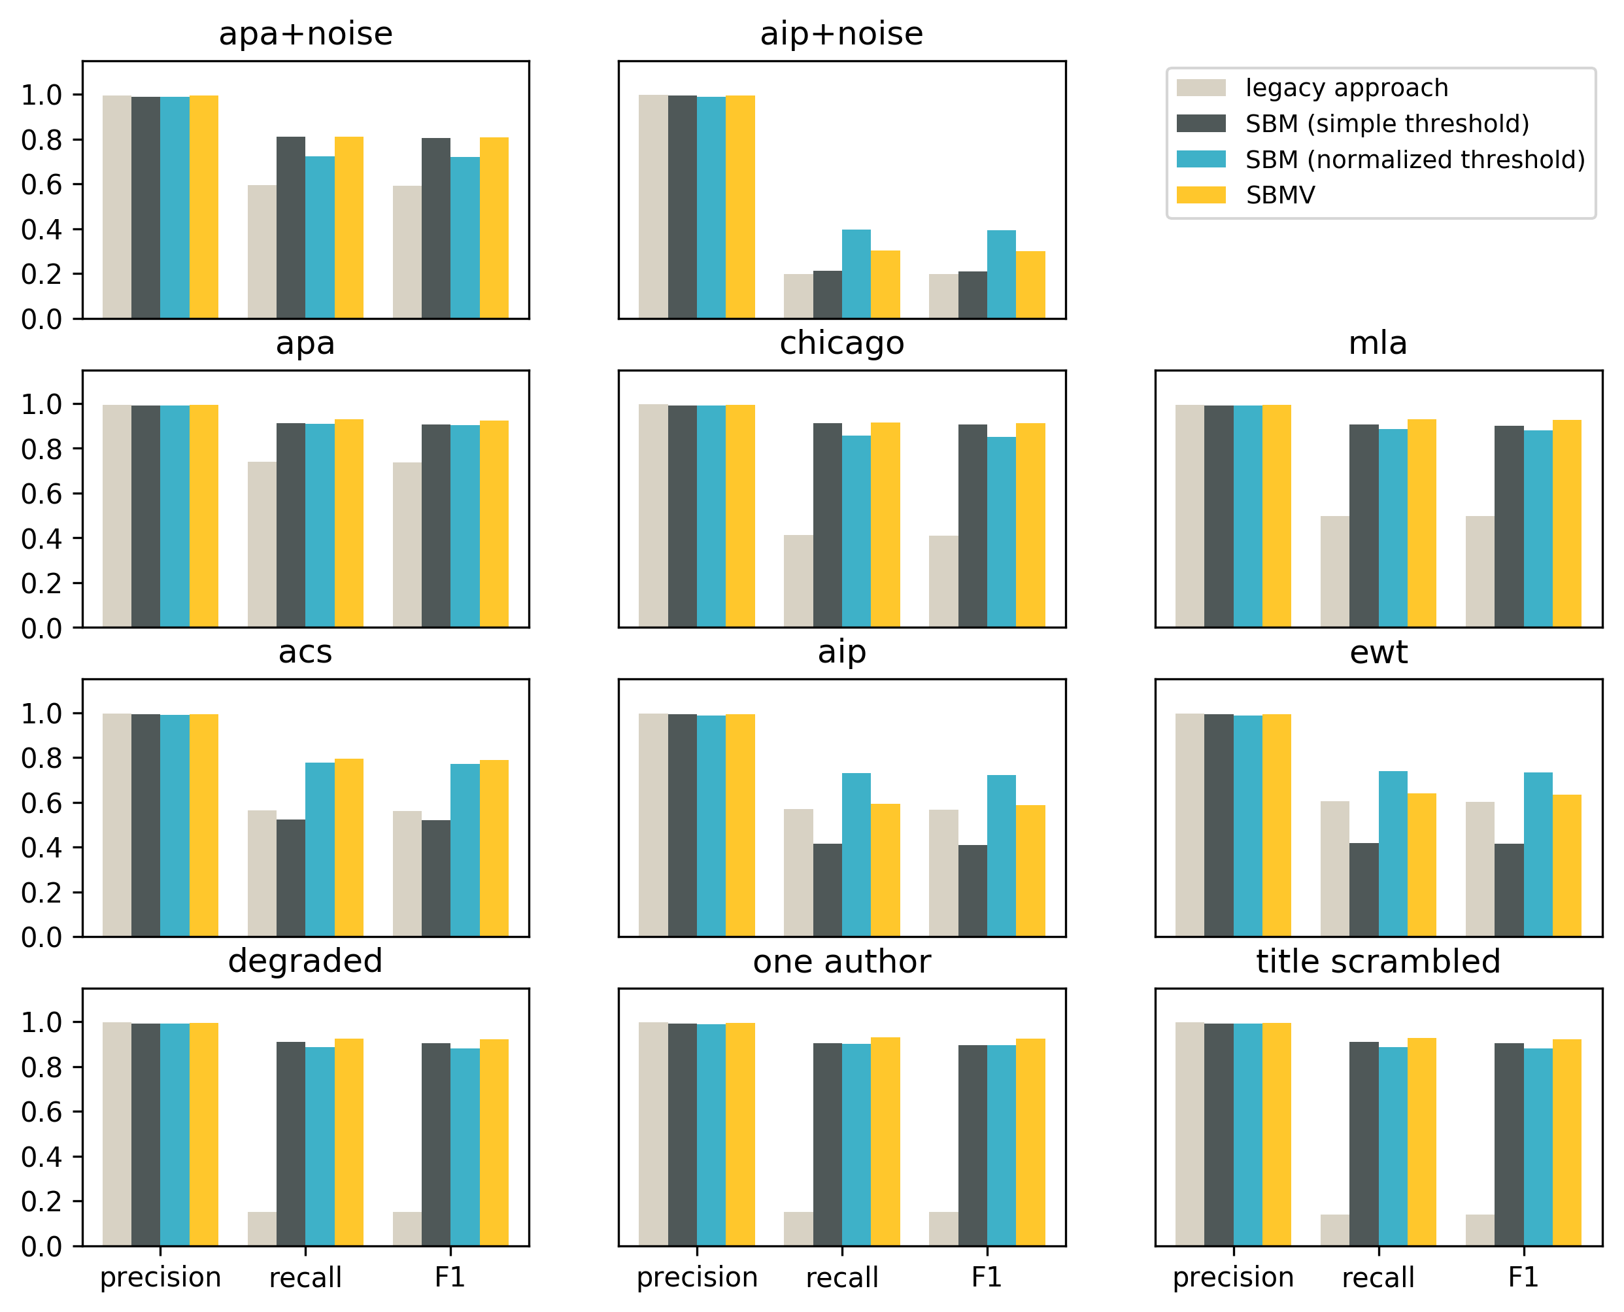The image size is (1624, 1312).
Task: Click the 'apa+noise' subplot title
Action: click(x=305, y=34)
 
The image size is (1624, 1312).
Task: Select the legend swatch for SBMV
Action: click(x=1200, y=195)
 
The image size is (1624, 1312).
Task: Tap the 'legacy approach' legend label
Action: click(x=1346, y=88)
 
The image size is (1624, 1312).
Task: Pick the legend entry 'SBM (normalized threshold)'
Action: click(x=1415, y=160)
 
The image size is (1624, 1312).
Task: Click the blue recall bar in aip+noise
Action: click(x=856, y=273)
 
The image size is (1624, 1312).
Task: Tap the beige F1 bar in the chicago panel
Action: click(x=943, y=581)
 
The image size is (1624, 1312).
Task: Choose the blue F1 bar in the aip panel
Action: click(x=1001, y=855)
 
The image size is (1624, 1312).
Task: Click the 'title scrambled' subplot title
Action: click(x=1378, y=961)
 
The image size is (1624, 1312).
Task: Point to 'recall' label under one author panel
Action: click(x=841, y=1277)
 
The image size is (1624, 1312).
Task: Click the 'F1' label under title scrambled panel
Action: click(x=1523, y=1277)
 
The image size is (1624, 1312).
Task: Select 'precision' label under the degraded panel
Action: click(x=160, y=1277)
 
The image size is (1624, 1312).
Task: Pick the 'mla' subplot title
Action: click(x=1378, y=343)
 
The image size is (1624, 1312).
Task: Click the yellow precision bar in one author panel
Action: click(x=739, y=1133)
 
